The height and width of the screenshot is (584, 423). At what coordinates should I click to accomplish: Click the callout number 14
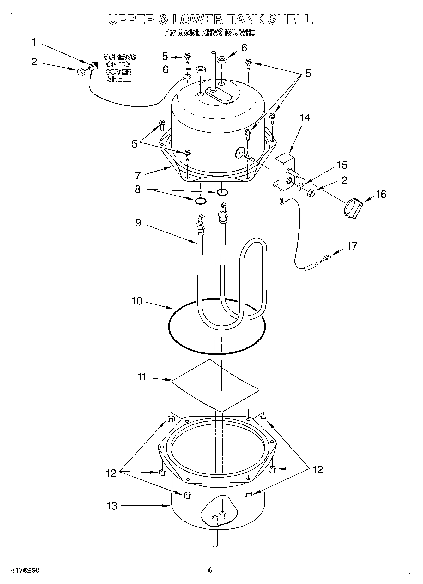305,117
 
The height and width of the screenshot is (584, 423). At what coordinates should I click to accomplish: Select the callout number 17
352,246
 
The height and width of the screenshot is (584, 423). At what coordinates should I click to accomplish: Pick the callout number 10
137,301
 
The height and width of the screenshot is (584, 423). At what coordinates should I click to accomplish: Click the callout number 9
138,223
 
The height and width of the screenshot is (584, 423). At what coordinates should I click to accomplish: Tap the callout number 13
112,506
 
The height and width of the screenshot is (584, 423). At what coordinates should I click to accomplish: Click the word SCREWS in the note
119,57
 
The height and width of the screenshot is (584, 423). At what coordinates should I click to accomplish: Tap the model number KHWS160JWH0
227,33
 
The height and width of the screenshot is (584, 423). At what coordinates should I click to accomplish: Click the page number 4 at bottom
209,570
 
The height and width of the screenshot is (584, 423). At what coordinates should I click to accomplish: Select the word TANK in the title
246,20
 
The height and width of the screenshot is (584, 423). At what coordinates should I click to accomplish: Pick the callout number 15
342,165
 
